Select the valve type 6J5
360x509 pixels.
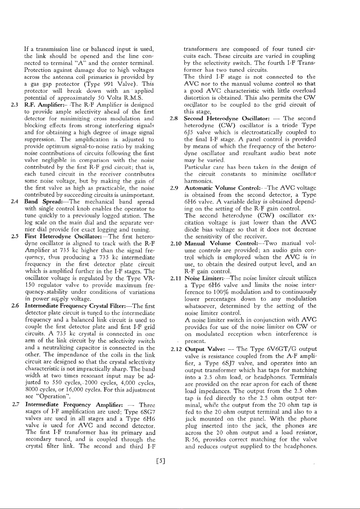click(189, 132)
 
